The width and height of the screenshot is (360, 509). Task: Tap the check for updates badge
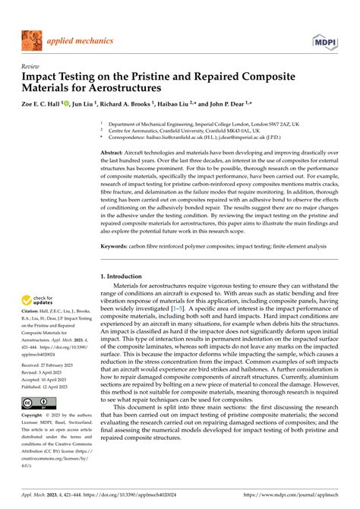[38, 302]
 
